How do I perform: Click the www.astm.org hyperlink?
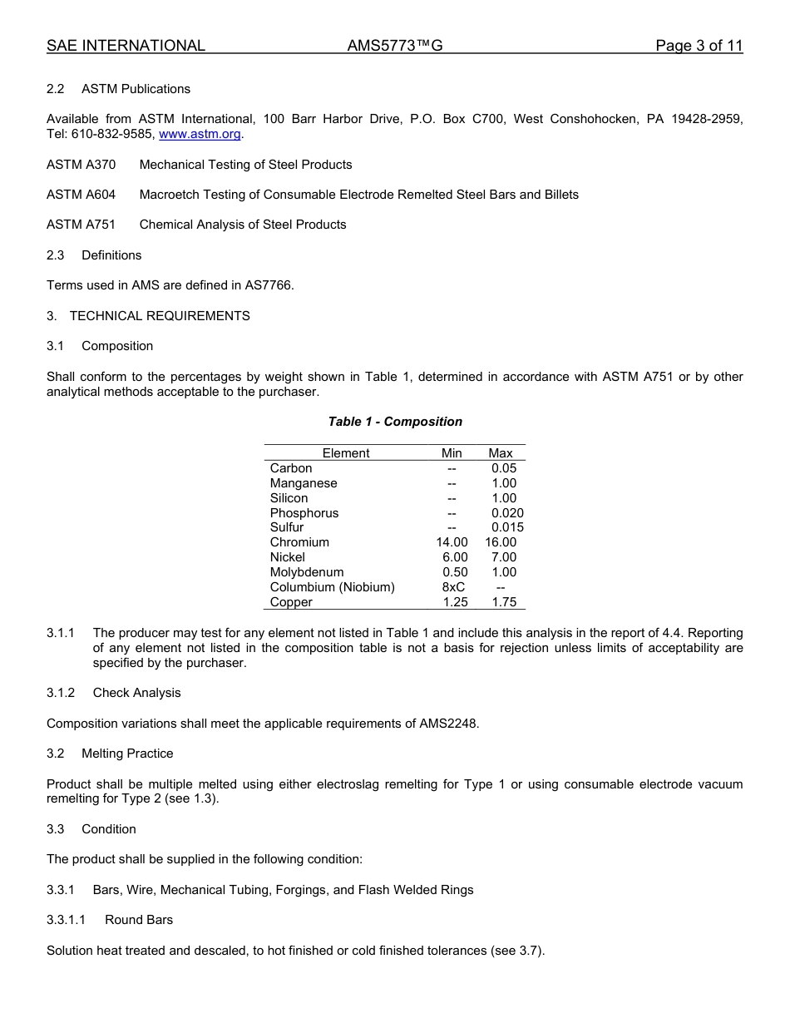point(200,134)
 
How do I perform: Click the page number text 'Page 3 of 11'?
point(699,46)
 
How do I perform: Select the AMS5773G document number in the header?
point(394,46)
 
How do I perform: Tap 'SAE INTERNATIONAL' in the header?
point(126,46)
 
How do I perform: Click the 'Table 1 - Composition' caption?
point(395,422)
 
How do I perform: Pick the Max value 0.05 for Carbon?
point(503,468)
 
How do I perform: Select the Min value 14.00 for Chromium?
point(452,542)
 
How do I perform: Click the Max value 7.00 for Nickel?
point(503,557)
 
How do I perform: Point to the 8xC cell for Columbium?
point(453,587)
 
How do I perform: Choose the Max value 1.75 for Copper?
point(503,602)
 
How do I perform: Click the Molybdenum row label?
point(306,572)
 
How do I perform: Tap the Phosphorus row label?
point(304,513)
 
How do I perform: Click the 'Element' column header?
point(346,453)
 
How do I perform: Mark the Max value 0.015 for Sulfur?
point(507,527)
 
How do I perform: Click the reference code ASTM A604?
point(81,195)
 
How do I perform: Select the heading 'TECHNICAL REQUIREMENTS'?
point(160,316)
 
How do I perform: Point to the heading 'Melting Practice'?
point(127,754)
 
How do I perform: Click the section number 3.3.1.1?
point(66,920)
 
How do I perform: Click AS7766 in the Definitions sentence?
point(269,285)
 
